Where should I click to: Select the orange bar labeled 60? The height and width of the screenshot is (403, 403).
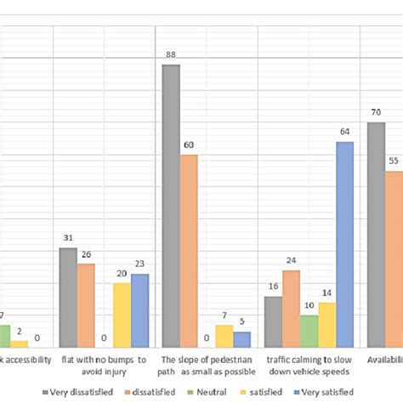[189, 251]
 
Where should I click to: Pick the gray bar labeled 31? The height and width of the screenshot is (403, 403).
[69, 298]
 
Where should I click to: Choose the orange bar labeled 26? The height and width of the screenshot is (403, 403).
[86, 305]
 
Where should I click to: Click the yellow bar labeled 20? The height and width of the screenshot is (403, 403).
[122, 315]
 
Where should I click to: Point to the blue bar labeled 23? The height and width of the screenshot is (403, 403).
[139, 310]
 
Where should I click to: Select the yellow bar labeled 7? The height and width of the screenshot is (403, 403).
[224, 336]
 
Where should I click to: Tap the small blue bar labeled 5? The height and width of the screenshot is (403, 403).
[241, 339]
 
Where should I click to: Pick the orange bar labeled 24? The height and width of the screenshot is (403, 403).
[291, 309]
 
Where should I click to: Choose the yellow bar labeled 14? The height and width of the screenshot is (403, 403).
[326, 325]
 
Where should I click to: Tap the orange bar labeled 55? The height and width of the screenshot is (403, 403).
[394, 259]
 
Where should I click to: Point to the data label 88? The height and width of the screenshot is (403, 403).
[171, 56]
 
